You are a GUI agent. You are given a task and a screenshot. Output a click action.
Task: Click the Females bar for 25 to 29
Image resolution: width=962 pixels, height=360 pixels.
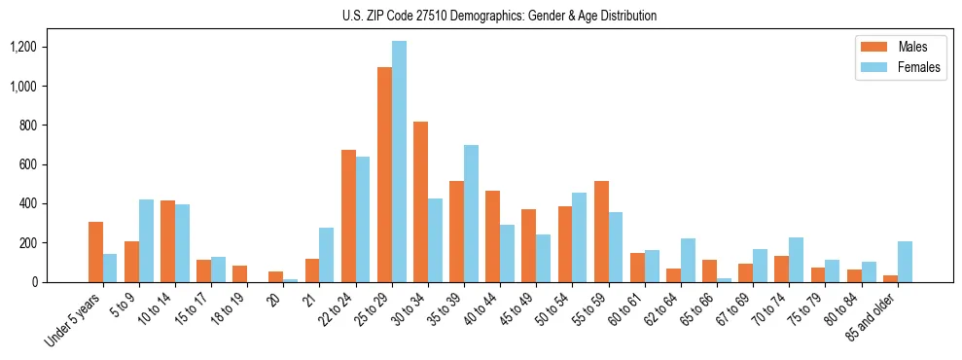(399, 162)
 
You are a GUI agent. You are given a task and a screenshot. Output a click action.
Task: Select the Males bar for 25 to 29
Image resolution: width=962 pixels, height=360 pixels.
(384, 175)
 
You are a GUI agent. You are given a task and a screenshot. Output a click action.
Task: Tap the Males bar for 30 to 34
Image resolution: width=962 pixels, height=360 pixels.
(420, 201)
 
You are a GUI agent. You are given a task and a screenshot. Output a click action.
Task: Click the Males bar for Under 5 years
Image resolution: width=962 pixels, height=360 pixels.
(95, 252)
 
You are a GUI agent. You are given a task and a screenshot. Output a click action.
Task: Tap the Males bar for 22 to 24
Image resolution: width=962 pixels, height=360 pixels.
(348, 216)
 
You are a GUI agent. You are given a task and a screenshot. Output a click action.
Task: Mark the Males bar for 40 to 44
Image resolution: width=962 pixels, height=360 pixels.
(492, 236)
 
